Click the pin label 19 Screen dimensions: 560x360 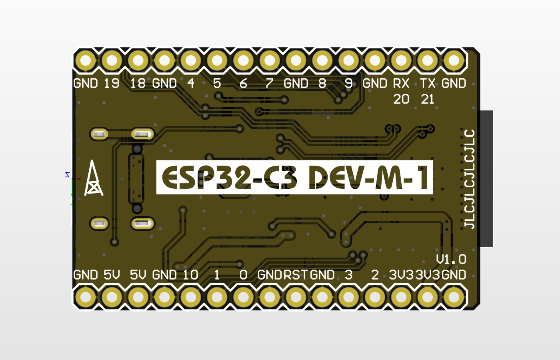point(112,83)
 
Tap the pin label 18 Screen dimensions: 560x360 point(138,83)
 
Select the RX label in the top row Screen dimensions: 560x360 point(401,83)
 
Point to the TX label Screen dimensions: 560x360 point(428,83)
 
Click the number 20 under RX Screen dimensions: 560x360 point(401,99)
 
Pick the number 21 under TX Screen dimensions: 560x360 point(428,99)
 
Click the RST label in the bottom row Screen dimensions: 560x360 point(296,275)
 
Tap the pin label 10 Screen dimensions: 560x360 point(190,275)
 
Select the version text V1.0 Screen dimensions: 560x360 point(451,259)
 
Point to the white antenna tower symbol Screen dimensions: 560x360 point(94,178)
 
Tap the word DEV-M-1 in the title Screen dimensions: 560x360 point(370,177)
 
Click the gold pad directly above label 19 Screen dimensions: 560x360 point(112,61)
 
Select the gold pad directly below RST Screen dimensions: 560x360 point(296,297)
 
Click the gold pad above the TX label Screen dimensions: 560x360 point(428,61)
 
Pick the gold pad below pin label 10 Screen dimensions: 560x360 point(190,297)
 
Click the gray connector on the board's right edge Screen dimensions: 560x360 point(486,179)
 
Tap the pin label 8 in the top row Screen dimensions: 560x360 point(322,83)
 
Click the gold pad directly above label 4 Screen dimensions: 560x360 point(191,61)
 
